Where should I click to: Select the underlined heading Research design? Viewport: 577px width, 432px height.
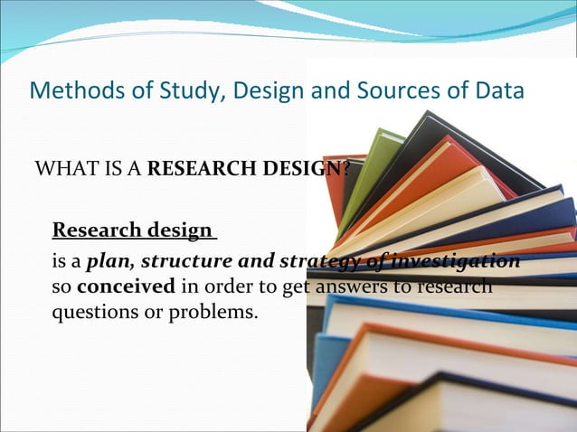[133, 230]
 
